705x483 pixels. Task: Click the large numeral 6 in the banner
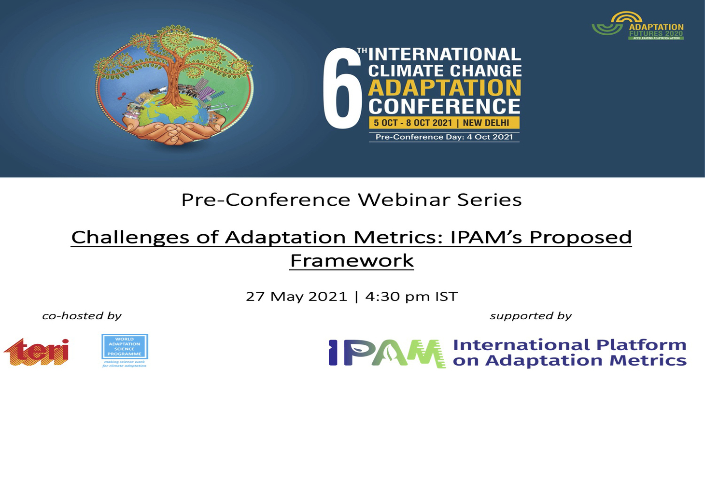[342, 92]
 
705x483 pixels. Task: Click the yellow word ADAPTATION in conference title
[444, 88]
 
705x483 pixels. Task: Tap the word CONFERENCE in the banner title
[444, 107]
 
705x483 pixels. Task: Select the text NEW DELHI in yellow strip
[486, 123]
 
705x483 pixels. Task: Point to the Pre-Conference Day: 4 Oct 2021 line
[444, 137]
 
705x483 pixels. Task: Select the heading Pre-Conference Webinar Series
[352, 199]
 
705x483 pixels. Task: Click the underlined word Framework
[352, 261]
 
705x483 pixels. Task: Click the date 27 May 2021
[296, 296]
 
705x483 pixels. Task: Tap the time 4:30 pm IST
[411, 296]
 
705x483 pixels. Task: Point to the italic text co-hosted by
[82, 316]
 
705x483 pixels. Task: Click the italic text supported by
[530, 316]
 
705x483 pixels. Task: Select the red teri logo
[37, 352]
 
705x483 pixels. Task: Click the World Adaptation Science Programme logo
[125, 350]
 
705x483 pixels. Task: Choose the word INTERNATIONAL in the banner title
[444, 54]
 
